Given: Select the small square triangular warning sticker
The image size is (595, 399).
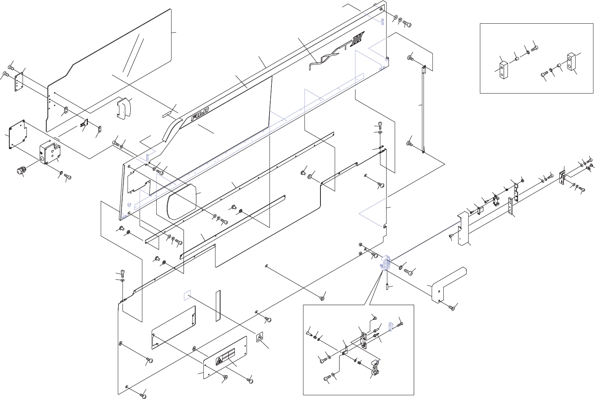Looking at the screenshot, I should coord(260,337).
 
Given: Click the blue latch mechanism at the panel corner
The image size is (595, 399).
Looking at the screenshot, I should coord(386,262).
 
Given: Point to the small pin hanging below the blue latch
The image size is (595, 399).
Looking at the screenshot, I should coord(388,287).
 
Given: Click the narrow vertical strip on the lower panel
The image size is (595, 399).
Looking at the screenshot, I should coord(218,305).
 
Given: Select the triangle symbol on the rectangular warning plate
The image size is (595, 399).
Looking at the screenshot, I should coord(219,361).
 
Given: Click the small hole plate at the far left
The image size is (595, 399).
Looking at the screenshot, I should coord(18,82).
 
